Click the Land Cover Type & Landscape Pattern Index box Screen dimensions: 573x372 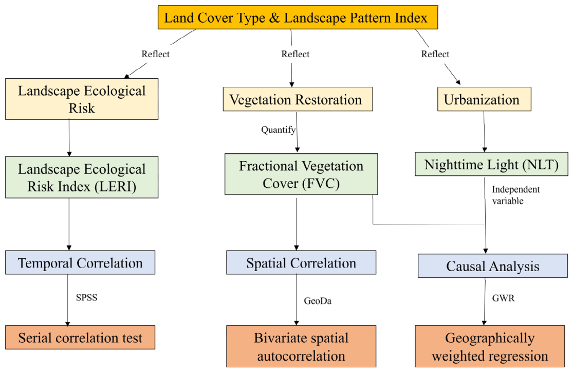[x=298, y=17]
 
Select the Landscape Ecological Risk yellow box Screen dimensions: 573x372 [x=82, y=99]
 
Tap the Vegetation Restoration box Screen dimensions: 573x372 [x=298, y=99]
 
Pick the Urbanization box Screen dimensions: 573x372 [x=484, y=99]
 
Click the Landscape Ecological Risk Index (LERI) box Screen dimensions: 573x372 [x=82, y=178]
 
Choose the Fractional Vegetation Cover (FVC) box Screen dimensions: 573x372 [x=301, y=174]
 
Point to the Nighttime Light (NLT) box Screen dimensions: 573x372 [x=491, y=164]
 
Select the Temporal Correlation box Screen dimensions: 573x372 [x=80, y=262]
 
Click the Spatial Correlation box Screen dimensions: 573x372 [x=301, y=262]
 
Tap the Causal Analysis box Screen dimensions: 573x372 [x=493, y=266]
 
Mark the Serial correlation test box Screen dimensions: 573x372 [x=80, y=337]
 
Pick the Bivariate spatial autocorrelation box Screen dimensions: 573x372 [x=301, y=346]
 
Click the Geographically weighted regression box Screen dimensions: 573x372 [x=490, y=346]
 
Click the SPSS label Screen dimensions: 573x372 [x=87, y=297]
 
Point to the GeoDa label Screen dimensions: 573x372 [x=318, y=301]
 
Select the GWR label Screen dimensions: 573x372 [x=503, y=298]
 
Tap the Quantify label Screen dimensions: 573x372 [x=278, y=130]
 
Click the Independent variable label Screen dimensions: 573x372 [x=515, y=195]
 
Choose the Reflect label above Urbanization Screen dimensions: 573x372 [x=435, y=54]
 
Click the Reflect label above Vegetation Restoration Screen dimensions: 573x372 [x=295, y=54]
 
